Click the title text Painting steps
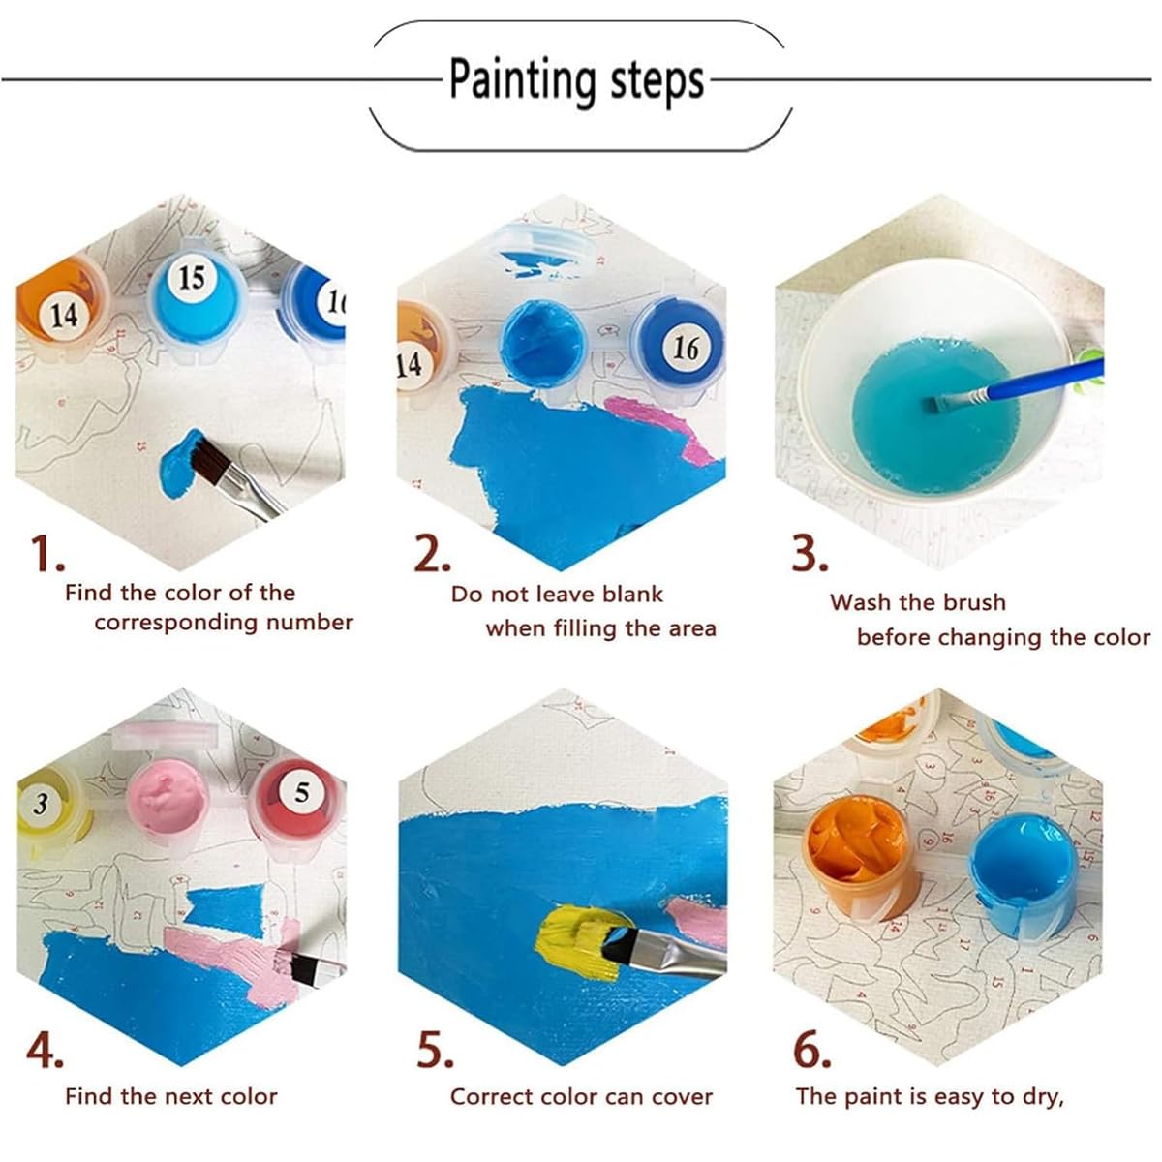576,80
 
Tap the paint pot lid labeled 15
192,279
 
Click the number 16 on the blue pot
686,347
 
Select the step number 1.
45,554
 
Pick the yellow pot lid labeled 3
41,804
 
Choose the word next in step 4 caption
193,1097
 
